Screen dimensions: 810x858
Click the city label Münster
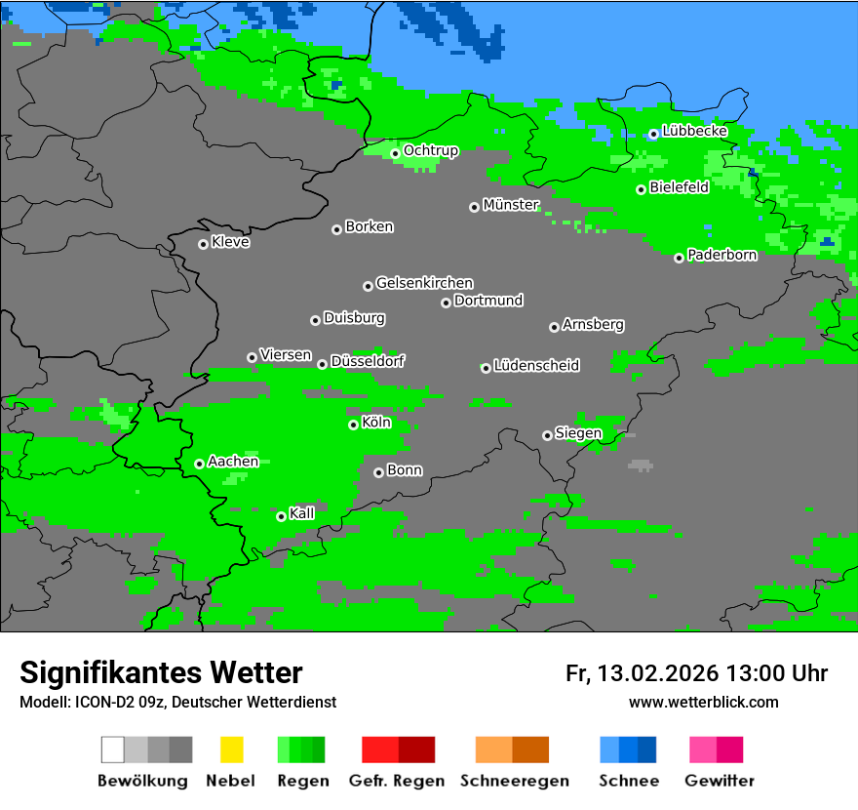pos(511,205)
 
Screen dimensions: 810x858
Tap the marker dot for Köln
pos(353,425)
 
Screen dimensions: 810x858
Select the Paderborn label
pos(722,255)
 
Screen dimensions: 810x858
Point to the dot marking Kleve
pos(203,244)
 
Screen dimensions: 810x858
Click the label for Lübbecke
pos(695,131)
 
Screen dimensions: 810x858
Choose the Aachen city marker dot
pos(199,464)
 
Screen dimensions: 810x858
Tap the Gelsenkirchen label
pos(424,283)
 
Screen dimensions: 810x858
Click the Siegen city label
pos(578,433)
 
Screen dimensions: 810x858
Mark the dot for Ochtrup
pos(395,153)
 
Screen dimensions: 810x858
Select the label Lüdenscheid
pos(536,366)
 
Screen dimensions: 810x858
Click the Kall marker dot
pos(281,516)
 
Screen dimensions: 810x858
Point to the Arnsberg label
pos(593,324)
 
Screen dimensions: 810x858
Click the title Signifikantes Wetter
pos(161,672)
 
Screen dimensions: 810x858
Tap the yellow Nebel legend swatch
pos(231,749)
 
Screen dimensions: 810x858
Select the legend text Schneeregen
pos(515,781)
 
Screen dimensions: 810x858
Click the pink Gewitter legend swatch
pos(703,749)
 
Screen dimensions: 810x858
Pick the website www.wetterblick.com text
pos(703,702)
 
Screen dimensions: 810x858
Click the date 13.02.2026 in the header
pos(657,673)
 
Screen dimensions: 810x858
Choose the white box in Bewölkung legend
pos(112,749)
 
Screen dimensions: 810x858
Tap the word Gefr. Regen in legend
pos(397,781)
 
